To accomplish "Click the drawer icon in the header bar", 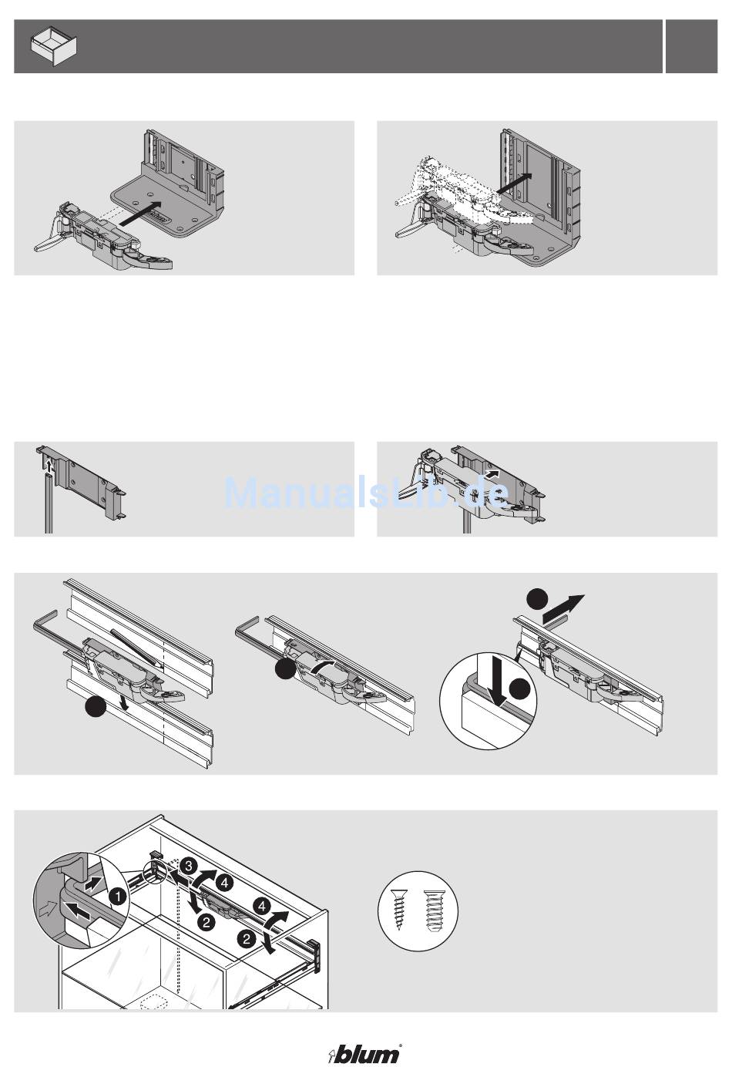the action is point(54,46).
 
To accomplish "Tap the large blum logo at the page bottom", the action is point(365,1054).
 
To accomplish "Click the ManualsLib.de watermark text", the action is point(367,493).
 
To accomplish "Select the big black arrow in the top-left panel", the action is point(140,213).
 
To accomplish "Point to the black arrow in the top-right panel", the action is point(514,183).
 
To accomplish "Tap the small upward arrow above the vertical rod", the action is point(48,464).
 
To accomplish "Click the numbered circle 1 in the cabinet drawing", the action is point(117,897).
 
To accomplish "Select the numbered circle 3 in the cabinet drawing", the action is point(189,866).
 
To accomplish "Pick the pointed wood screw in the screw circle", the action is point(398,909).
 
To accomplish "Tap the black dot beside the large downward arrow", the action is point(520,689).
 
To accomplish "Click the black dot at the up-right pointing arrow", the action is point(538,600).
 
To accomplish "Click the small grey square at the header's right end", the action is point(691,46).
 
